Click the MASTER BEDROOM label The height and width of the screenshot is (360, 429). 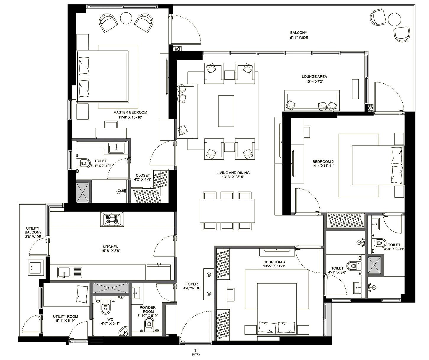pos(130,113)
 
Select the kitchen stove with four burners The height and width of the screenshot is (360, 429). pos(112,219)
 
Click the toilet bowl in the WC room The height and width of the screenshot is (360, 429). pos(105,308)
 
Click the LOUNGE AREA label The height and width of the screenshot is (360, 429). pos(314,77)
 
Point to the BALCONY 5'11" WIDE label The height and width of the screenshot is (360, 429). pos(298,35)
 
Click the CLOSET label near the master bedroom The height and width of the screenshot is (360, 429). pos(143,175)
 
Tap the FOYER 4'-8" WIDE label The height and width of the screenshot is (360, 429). pos(192,286)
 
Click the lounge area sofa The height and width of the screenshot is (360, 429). pos(312,101)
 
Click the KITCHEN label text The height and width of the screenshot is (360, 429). pos(111,247)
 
